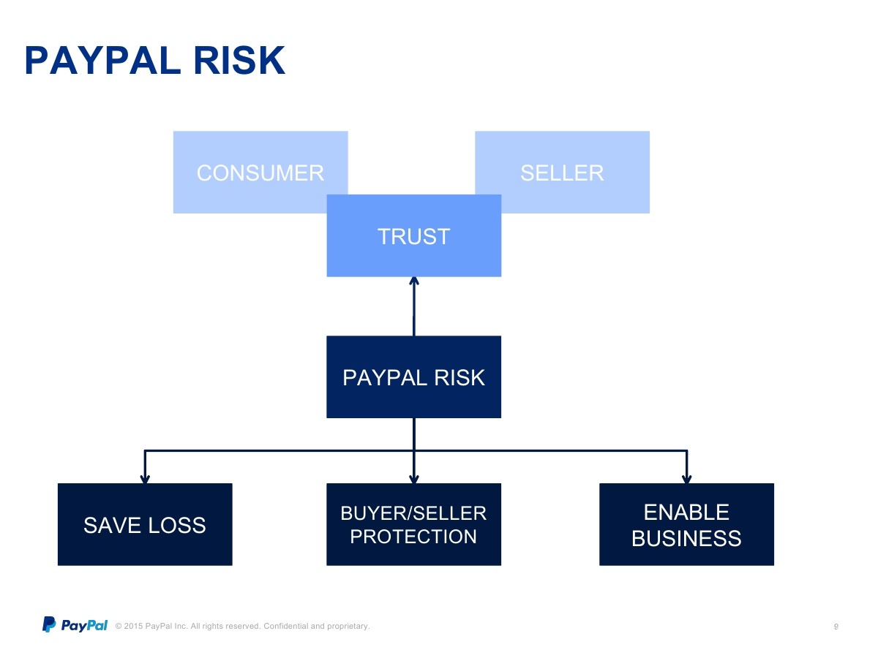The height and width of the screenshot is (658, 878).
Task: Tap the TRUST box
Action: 414,235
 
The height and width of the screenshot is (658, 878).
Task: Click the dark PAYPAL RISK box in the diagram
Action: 413,377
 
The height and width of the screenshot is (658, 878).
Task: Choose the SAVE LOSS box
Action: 145,524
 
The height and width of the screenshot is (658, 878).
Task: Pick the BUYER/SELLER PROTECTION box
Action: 413,524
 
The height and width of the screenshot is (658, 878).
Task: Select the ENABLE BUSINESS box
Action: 686,524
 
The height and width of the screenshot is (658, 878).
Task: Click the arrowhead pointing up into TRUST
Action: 414,281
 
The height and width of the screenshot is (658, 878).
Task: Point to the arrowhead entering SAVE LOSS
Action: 145,479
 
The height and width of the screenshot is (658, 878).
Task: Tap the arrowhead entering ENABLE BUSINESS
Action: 687,479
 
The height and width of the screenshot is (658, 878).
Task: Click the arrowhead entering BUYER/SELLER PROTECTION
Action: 414,479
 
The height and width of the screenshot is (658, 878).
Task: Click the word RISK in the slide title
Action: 239,61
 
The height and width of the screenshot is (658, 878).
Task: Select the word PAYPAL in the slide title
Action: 103,61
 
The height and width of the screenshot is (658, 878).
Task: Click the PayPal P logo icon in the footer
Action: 49,624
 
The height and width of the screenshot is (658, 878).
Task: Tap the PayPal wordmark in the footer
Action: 84,625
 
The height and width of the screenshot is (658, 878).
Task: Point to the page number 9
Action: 836,627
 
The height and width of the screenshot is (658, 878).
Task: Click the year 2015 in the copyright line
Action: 133,626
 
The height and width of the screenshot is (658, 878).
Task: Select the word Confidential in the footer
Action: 285,626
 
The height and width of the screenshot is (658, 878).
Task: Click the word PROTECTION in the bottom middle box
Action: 413,536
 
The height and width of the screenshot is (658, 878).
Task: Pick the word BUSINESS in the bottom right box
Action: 686,538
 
